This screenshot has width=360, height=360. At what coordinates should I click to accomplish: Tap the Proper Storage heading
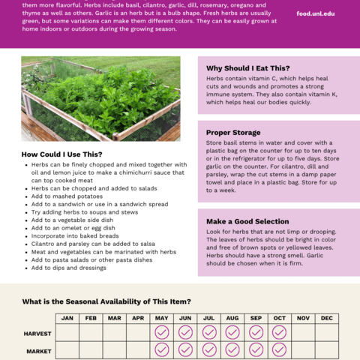click(233, 133)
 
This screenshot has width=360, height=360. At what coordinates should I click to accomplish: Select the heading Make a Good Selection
click(247, 221)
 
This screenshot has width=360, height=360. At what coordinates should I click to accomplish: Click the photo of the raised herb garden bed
click(100, 99)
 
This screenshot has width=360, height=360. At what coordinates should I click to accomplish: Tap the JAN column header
click(67, 319)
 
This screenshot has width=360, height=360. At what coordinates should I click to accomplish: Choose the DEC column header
click(326, 319)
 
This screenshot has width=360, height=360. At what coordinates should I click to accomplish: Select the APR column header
click(138, 319)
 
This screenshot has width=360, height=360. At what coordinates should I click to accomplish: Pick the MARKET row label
click(38, 350)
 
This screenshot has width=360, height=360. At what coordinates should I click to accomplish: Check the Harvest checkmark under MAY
click(162, 332)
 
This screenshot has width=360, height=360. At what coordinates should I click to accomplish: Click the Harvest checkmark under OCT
click(279, 332)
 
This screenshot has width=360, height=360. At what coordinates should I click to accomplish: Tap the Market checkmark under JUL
click(209, 350)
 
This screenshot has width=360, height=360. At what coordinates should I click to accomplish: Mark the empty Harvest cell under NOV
click(303, 332)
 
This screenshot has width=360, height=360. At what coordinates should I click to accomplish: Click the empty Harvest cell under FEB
click(91, 332)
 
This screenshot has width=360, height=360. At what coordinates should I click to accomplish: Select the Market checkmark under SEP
click(256, 350)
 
